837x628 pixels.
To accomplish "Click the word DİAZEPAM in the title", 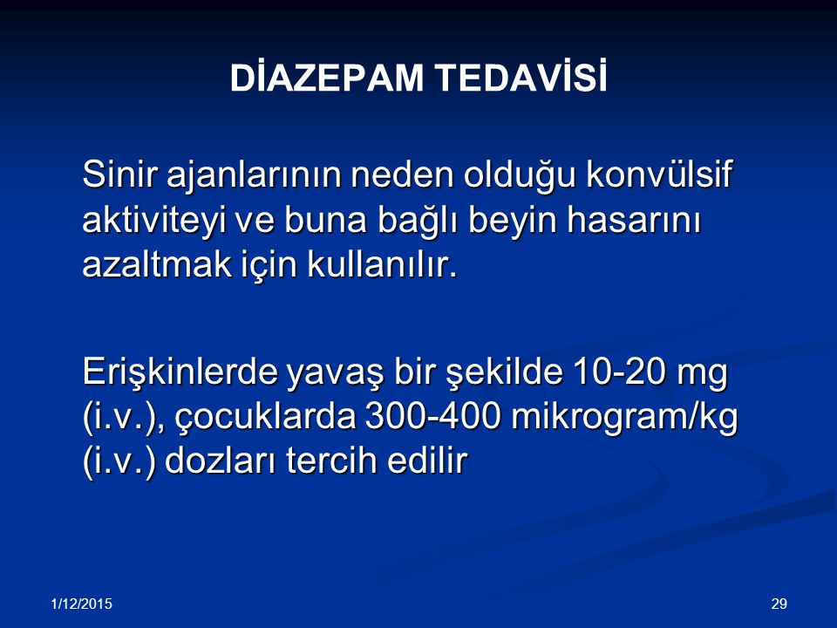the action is tap(327, 78).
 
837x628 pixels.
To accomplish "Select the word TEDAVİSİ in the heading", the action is tap(522, 78).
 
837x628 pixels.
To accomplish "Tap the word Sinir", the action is tap(120, 174).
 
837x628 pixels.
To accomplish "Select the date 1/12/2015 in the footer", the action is tap(82, 604).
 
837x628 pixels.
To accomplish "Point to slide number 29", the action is tap(779, 604).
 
